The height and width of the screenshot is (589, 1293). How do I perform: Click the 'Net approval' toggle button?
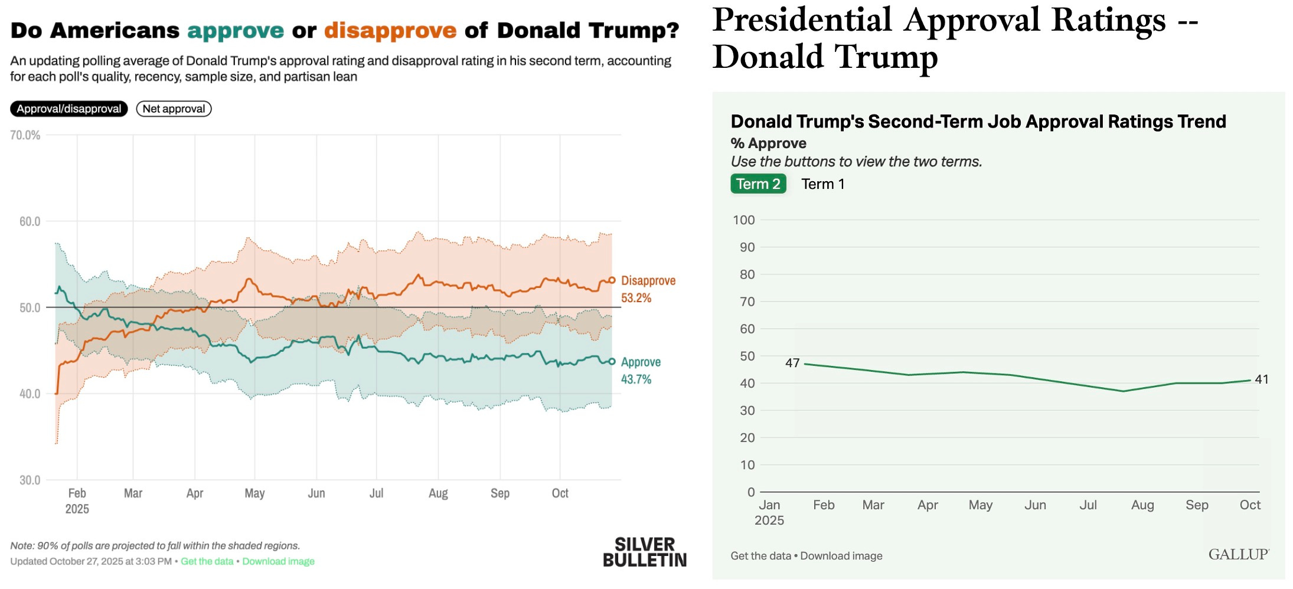pos(174,109)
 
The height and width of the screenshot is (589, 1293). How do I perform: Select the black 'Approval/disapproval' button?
pos(68,109)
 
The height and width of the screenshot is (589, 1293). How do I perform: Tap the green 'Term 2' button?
pos(758,184)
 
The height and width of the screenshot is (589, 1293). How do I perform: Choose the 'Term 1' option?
pos(822,184)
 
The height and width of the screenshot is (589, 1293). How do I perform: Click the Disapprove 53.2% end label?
pos(647,289)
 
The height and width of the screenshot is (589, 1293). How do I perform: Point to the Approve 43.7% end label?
pos(640,371)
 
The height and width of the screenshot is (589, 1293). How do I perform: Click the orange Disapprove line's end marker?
pos(612,280)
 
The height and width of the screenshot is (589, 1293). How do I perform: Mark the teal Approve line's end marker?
pos(612,362)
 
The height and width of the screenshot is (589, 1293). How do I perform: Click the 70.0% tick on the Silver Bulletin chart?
pos(25,135)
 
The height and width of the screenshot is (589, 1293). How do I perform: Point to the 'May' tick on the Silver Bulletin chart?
pos(254,493)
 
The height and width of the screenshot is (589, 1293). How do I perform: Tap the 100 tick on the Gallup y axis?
pos(743,220)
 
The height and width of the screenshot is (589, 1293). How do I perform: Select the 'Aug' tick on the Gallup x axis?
pos(1142,505)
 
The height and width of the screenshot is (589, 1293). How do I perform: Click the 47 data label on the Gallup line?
pos(792,363)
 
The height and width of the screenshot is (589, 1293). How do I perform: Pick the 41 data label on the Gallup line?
pos(1261,379)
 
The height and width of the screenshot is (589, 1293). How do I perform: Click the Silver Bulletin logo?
pos(644,552)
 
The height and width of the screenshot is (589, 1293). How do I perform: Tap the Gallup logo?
pos(1238,554)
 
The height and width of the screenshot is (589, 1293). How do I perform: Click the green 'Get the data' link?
pos(207,561)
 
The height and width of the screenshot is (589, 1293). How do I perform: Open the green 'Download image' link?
pos(278,561)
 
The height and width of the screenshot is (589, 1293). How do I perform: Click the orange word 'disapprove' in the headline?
pos(390,30)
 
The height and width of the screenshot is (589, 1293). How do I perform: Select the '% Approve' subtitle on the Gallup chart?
pos(768,143)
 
